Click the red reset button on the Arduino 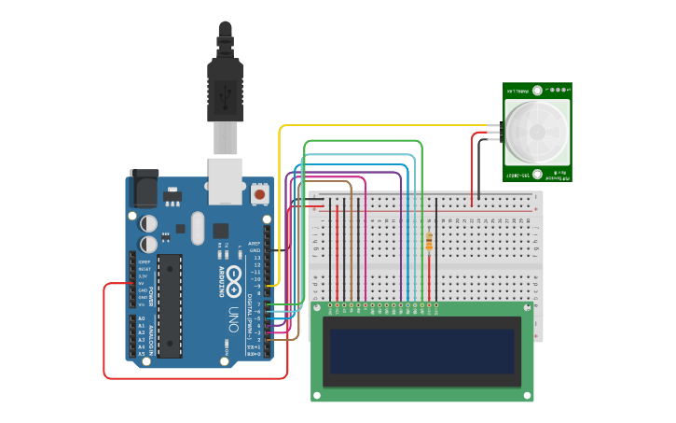coord(258,194)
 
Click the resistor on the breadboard coord(428,242)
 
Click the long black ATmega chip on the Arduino coord(170,304)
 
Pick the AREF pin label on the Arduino coord(254,243)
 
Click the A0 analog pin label coord(142,319)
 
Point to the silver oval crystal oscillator coord(197,228)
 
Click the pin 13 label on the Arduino coord(255,258)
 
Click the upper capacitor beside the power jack coord(149,224)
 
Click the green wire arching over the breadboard coord(364,141)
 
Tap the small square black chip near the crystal coord(221,230)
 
